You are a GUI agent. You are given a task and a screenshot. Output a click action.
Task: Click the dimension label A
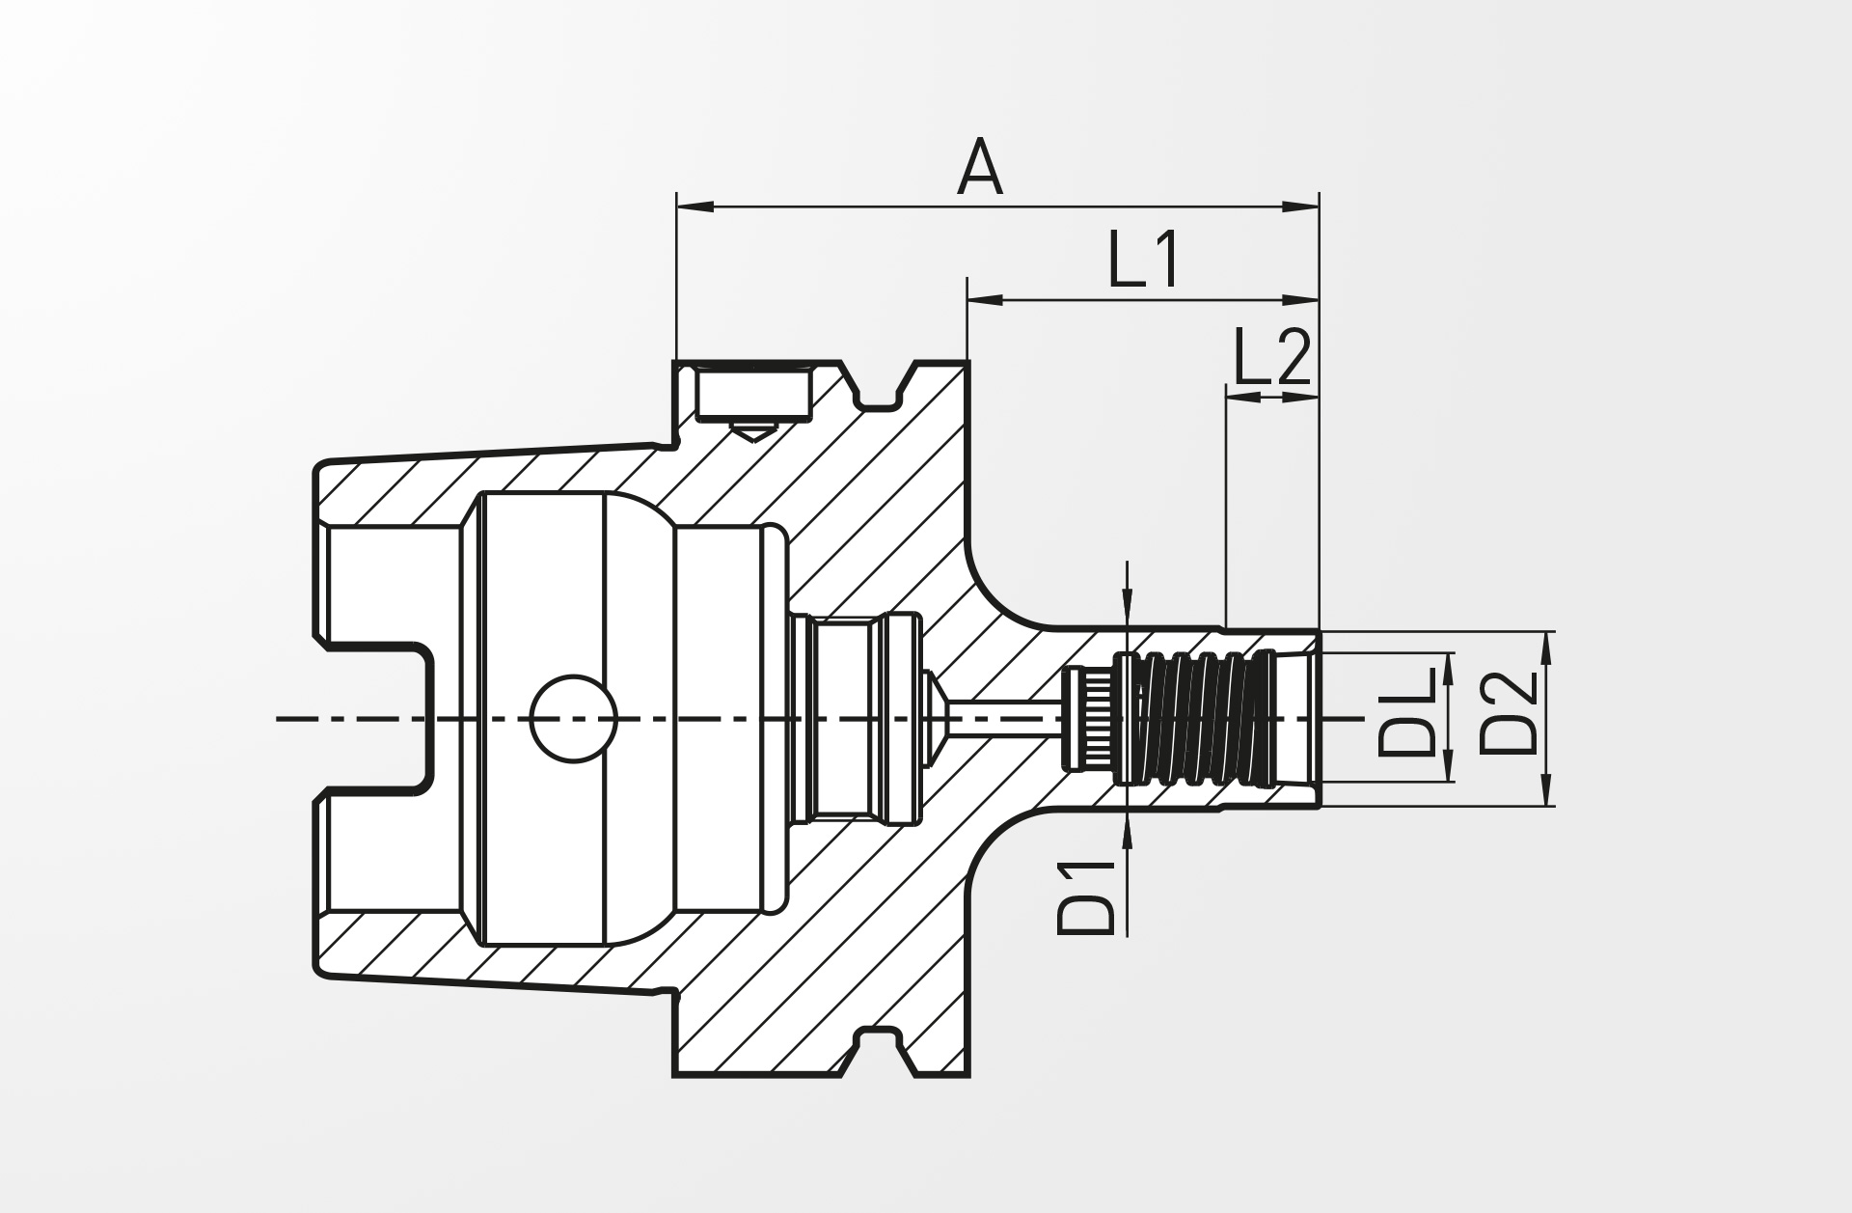980,167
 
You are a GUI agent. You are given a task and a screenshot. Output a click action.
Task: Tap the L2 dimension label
1271,357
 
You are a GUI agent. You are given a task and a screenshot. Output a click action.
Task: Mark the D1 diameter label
1086,896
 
